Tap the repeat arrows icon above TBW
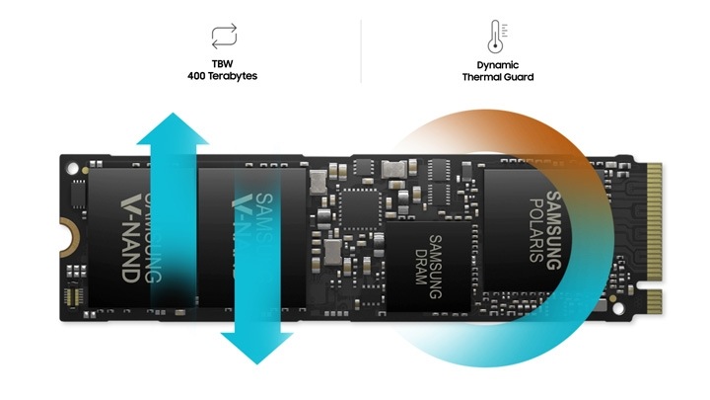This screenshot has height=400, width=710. tap(222, 38)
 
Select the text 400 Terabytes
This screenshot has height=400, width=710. tap(222, 75)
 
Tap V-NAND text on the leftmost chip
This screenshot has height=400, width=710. tap(129, 237)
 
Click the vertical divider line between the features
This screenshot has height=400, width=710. tap(361, 49)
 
